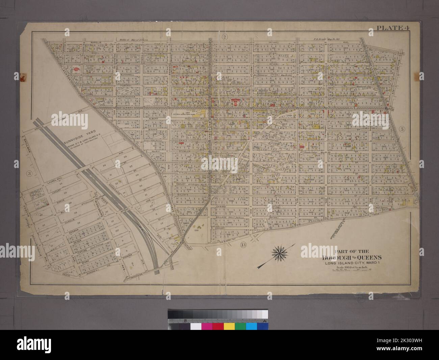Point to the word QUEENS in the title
coord(338,257)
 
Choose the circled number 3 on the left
coord(29,173)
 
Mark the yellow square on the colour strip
coord(229,327)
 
